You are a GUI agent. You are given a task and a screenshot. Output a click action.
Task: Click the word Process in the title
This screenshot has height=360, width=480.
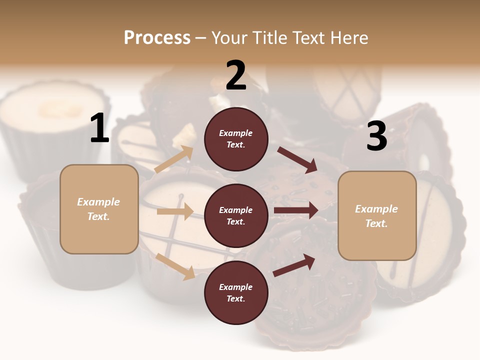point(157,38)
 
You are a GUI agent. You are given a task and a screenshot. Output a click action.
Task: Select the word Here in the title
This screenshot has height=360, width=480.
point(347,38)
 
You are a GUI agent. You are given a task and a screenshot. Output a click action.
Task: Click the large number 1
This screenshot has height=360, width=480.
point(99,128)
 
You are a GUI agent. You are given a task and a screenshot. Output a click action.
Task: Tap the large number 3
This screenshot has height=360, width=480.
point(376,136)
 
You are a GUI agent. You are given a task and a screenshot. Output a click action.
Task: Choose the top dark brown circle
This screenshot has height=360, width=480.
point(236,139)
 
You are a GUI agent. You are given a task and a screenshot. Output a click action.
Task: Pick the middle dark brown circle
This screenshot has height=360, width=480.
point(236,215)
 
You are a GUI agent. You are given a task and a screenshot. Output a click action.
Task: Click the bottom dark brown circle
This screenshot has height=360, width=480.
point(236,292)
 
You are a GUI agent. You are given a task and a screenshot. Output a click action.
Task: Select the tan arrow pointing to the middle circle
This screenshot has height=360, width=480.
point(175,211)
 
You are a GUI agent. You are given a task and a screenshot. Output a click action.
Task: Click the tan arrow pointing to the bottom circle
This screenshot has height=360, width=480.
point(175,266)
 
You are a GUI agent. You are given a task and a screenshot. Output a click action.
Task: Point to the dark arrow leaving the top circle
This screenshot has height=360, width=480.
point(298,159)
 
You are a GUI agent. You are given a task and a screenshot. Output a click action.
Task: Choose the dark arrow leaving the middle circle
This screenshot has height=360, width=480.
point(296,210)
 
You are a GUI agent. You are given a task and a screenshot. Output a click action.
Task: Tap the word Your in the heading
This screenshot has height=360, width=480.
point(230,38)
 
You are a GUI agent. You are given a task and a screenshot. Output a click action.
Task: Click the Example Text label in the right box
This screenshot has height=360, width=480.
point(376,216)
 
